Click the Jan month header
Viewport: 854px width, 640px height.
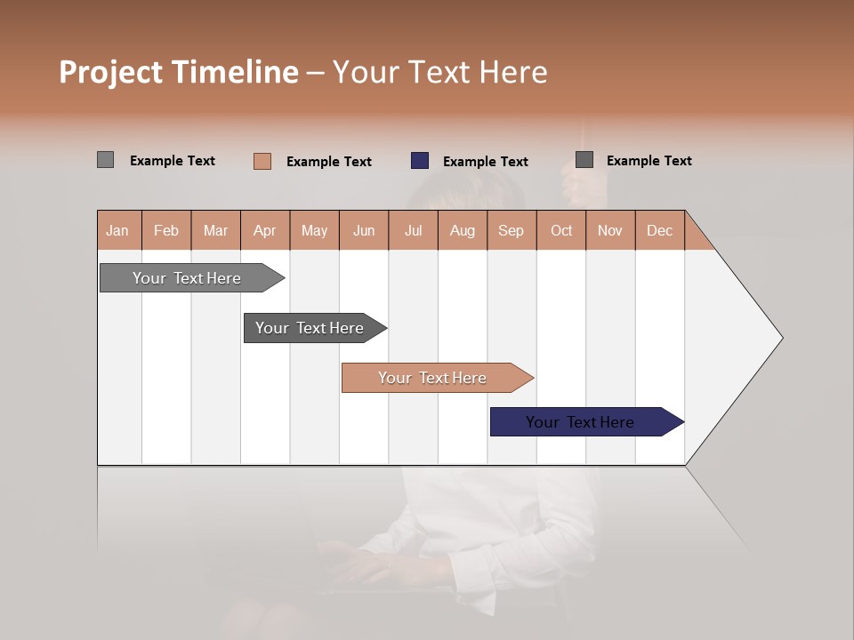click(117, 230)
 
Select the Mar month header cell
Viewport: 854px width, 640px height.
click(215, 230)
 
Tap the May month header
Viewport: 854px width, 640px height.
click(314, 230)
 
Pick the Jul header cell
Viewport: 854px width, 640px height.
click(413, 230)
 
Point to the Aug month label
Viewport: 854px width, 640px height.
click(462, 230)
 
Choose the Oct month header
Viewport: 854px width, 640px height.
click(561, 230)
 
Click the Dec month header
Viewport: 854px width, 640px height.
click(659, 230)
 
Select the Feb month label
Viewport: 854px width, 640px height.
click(166, 230)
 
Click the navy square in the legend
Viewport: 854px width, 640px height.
click(420, 161)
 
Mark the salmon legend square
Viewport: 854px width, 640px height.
click(262, 161)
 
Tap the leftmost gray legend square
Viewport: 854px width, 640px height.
click(105, 160)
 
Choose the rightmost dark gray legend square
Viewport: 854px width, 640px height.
click(584, 160)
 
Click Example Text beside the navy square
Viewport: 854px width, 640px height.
click(485, 162)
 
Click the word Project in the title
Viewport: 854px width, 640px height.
click(110, 72)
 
